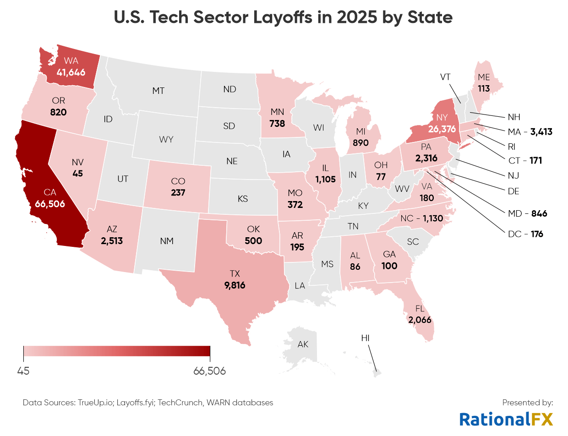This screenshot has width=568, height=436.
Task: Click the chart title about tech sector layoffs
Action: point(284,18)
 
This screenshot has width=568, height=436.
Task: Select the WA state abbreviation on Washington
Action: point(71,61)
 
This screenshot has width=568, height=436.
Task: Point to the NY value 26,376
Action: point(429,130)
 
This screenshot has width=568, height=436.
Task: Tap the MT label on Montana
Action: point(158,91)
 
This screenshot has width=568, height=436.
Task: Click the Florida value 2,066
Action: point(420,320)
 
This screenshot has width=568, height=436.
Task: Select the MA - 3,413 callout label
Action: point(530,132)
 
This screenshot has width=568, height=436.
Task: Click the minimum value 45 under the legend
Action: point(23,371)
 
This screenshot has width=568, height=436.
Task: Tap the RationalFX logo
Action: point(506,419)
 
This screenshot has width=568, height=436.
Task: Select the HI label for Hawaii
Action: point(365,338)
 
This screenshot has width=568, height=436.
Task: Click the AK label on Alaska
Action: point(303,344)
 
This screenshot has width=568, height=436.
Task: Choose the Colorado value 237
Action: point(178,192)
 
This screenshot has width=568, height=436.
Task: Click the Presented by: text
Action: point(528,403)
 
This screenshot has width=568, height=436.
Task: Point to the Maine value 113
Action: point(484,88)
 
